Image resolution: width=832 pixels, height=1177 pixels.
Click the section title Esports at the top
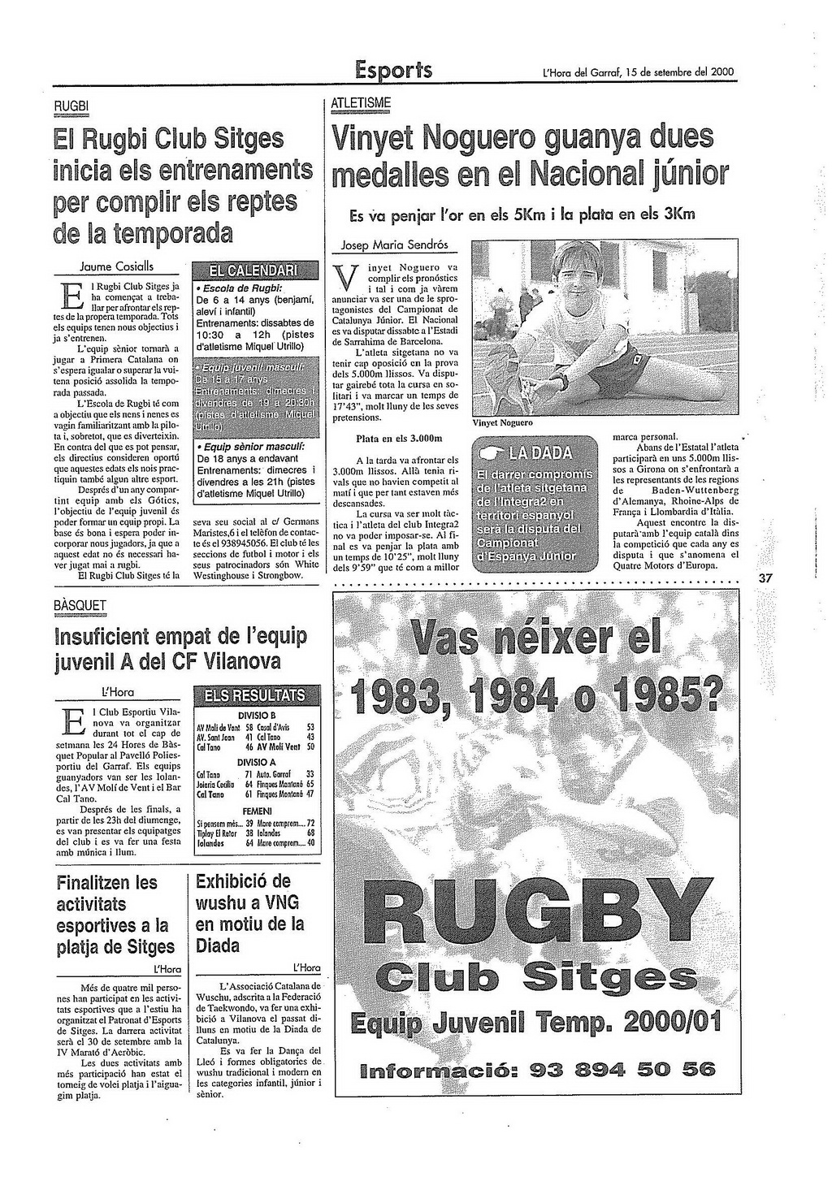393,71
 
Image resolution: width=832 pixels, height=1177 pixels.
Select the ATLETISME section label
362,103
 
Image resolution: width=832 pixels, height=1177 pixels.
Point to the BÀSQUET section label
80,606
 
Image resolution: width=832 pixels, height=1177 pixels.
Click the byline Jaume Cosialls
117,266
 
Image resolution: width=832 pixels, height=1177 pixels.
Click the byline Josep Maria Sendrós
394,244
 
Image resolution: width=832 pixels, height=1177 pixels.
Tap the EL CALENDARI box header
253,270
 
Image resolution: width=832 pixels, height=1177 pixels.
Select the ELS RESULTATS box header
254,695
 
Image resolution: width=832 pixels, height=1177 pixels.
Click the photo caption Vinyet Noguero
502,423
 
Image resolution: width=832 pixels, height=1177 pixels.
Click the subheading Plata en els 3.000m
398,439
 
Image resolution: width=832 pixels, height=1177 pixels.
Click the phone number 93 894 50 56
622,1069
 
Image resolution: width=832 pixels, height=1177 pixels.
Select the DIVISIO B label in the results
254,713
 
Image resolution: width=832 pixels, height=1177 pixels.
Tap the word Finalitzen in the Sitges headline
107,882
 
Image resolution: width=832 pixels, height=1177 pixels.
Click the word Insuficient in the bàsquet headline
110,636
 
